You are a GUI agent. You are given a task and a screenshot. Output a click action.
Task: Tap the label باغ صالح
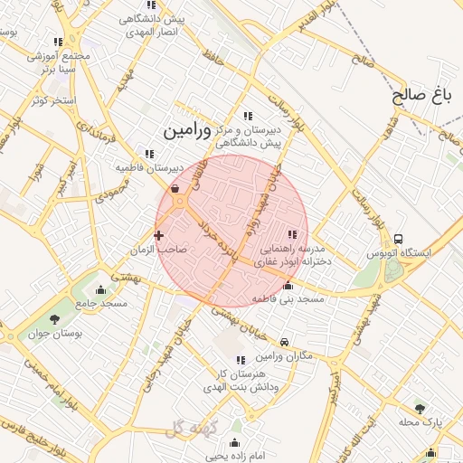coord(423,94)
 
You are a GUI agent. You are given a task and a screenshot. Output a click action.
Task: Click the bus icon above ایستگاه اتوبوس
coord(399,238)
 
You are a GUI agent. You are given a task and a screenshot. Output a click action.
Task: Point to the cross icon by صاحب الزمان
coord(159,235)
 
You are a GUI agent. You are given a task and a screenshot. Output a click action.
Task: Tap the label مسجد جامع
coord(100,304)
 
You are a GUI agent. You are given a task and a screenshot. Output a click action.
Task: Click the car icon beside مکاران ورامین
coord(285,342)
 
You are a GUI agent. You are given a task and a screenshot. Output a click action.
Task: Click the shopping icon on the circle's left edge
coord(175,190)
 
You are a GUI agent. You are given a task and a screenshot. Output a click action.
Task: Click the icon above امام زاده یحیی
coord(235,443)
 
